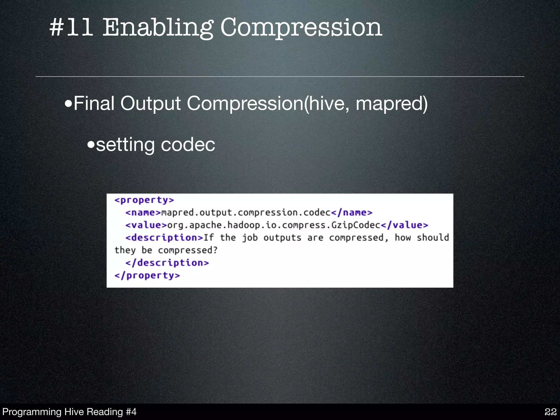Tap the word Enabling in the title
point(158,28)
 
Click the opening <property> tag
point(144,200)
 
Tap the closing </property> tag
point(147,275)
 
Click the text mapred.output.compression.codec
point(246,213)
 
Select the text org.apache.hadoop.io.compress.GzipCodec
point(274,225)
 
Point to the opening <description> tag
point(164,238)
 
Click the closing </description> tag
point(167,263)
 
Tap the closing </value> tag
point(404,225)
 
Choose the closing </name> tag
point(352,213)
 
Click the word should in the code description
point(433,238)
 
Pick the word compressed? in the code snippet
point(188,250)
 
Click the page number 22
point(551,412)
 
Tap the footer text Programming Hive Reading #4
point(69,412)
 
